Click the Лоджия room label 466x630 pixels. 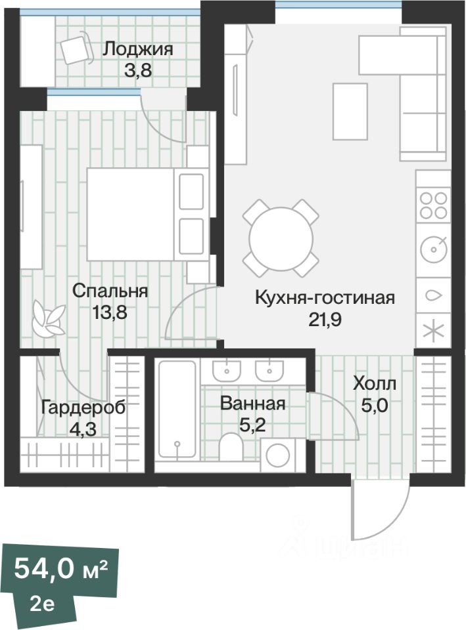pyautogui.click(x=138, y=49)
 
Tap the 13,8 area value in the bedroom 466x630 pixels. pyautogui.click(x=110, y=312)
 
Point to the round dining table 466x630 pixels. pyautogui.click(x=281, y=238)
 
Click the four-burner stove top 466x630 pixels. pyautogui.click(x=433, y=205)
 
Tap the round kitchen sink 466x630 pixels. pyautogui.click(x=434, y=249)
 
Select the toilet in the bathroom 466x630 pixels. pyautogui.click(x=231, y=446)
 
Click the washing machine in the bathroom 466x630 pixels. pyautogui.click(x=279, y=455)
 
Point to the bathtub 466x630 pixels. pyautogui.click(x=177, y=409)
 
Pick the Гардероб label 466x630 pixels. pyautogui.click(x=83, y=408)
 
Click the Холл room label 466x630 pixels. pyautogui.click(x=374, y=383)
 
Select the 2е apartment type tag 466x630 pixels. pyautogui.click(x=43, y=604)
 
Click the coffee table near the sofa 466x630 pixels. pyautogui.click(x=350, y=112)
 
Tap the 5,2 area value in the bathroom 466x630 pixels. pyautogui.click(x=253, y=425)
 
